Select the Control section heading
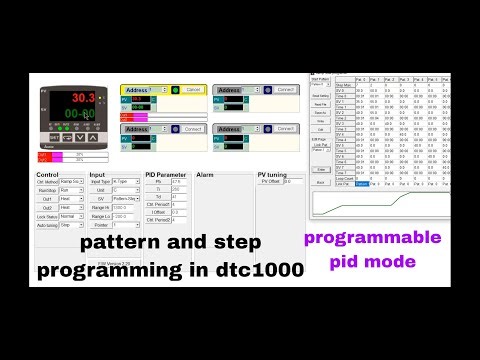pyautogui.click(x=48, y=175)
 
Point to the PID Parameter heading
pyautogui.click(x=165, y=175)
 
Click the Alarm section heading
pyautogui.click(x=206, y=175)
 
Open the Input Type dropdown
pyautogui.click(x=126, y=181)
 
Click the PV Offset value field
pyautogui.click(x=292, y=181)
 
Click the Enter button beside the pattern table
pyautogui.click(x=321, y=170)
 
